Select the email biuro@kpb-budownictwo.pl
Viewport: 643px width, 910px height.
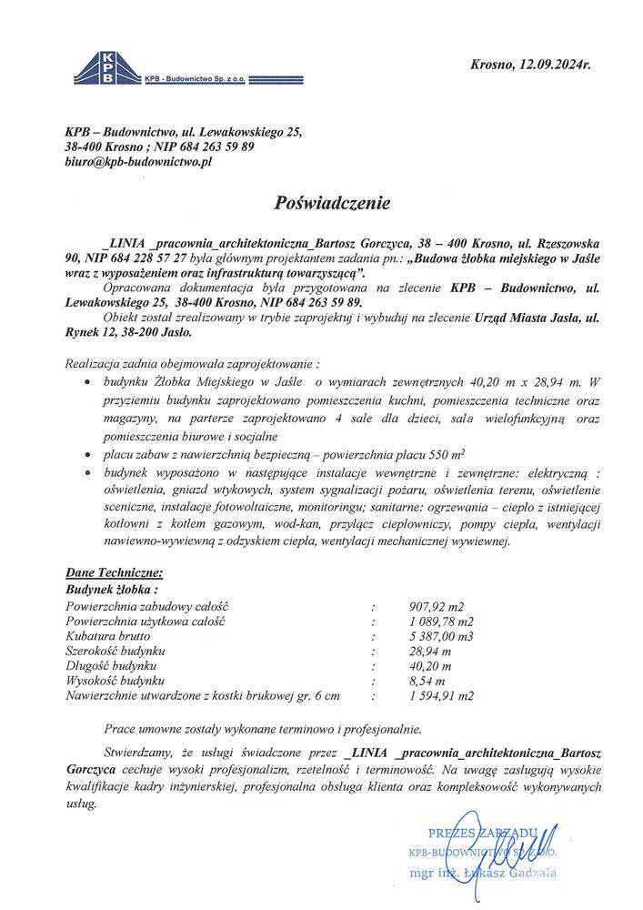click(x=138, y=161)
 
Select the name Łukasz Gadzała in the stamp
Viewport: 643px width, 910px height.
click(x=516, y=874)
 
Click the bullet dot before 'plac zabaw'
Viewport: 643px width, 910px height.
click(x=87, y=453)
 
